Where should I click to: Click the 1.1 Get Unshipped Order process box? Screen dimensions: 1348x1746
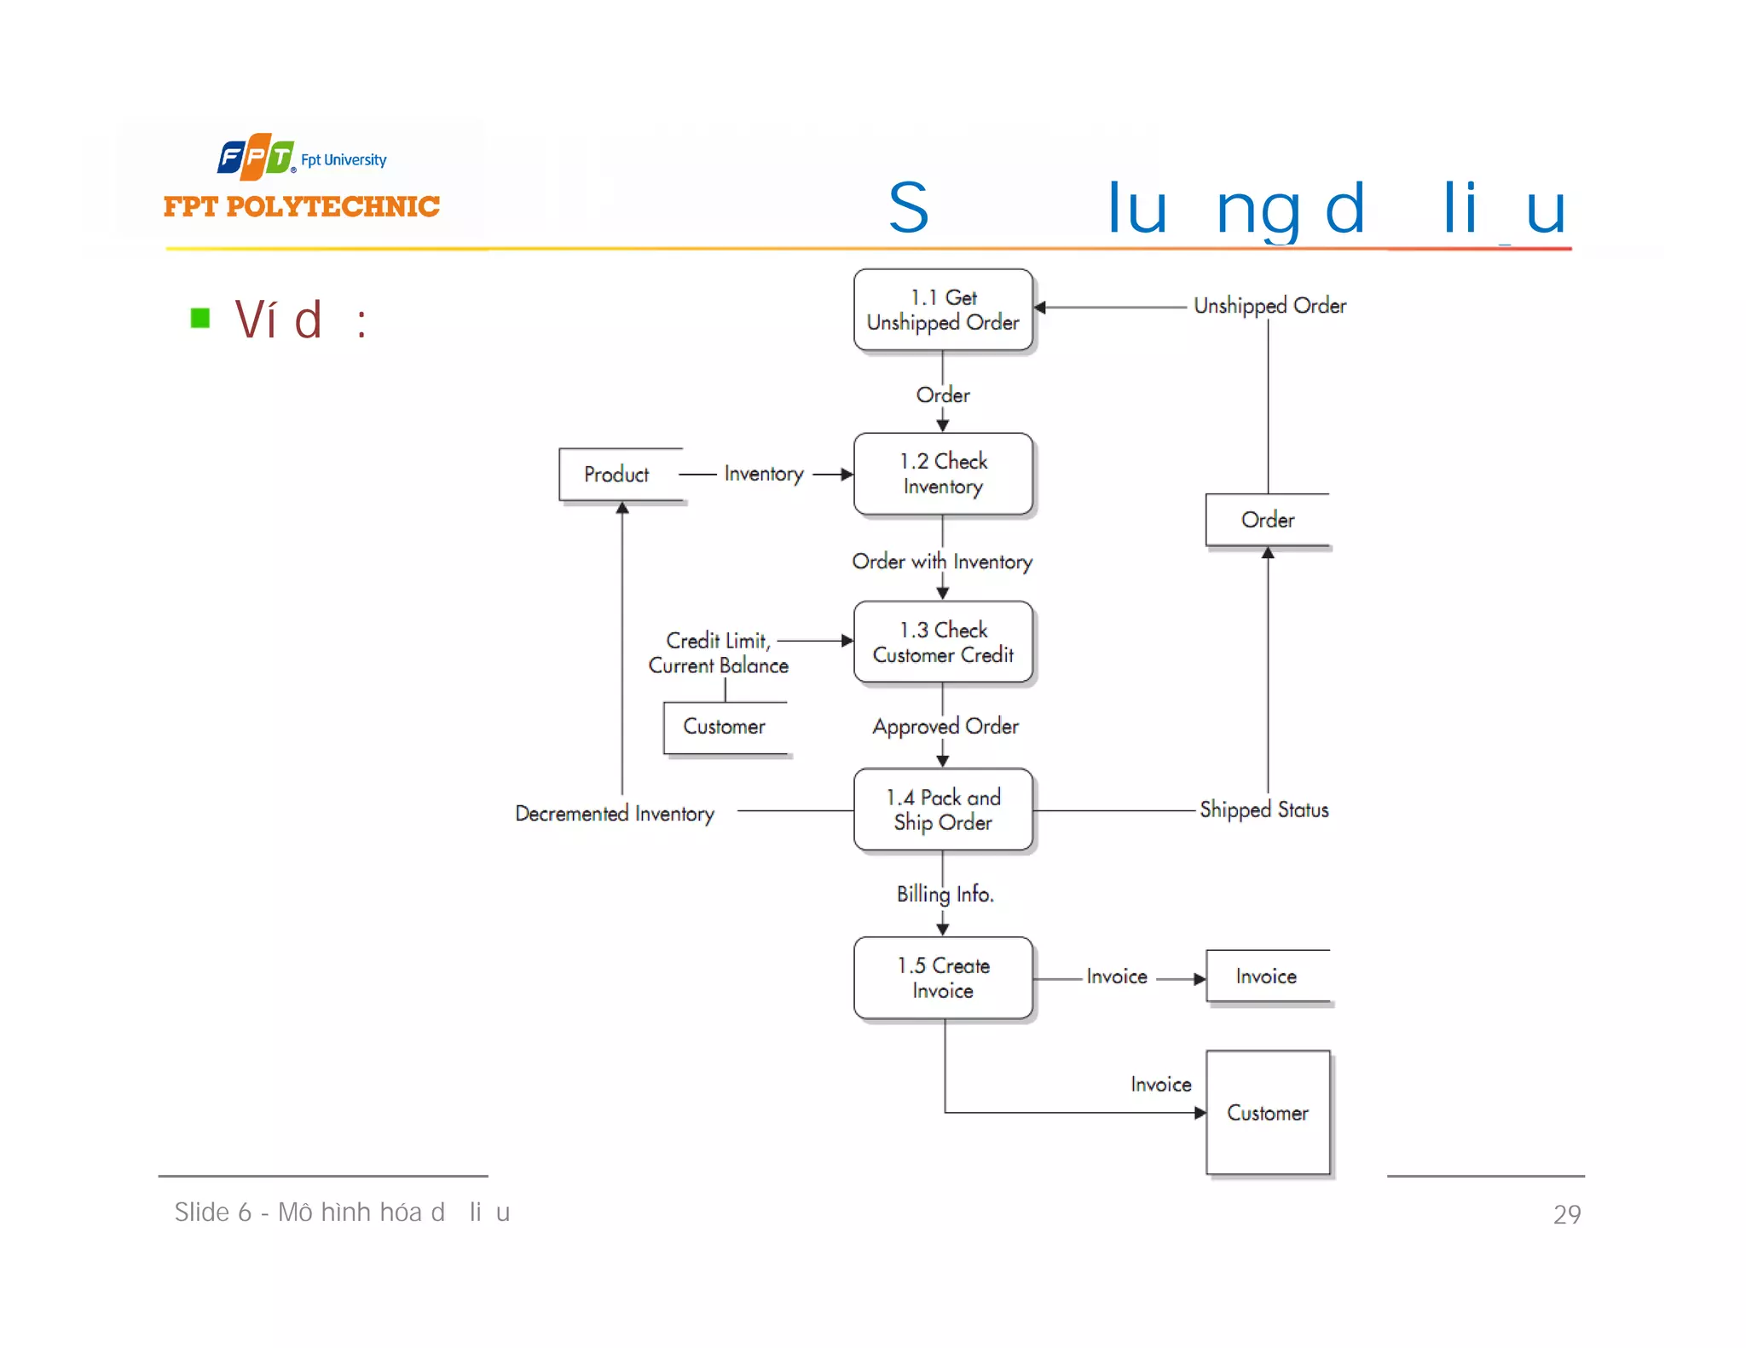(x=942, y=309)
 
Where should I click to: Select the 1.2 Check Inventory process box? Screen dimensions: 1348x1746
(x=942, y=474)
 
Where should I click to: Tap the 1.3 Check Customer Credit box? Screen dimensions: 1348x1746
(x=942, y=642)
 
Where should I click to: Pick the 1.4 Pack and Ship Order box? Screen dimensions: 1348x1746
(x=942, y=809)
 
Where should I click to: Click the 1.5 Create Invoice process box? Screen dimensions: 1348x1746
(x=942, y=977)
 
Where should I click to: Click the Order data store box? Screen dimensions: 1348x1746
(x=1267, y=520)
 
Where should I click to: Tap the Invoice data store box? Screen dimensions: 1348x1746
(x=1267, y=976)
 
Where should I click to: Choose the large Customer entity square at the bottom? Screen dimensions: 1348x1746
(x=1267, y=1112)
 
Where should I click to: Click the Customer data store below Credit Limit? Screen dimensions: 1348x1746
(x=725, y=727)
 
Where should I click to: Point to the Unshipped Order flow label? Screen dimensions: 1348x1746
(x=1269, y=306)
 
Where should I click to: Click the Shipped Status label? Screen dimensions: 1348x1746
(x=1263, y=809)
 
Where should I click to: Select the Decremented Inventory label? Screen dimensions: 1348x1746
(x=614, y=814)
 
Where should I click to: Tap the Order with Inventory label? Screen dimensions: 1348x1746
(x=941, y=562)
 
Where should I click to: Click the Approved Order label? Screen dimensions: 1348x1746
(x=945, y=727)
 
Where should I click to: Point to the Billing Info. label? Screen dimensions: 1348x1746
(x=945, y=894)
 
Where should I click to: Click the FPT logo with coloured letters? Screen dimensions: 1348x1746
(x=256, y=157)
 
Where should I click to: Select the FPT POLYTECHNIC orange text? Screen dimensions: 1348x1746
(x=301, y=206)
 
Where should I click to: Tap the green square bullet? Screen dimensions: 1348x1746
(x=200, y=319)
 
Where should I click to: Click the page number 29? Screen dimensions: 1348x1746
(x=1566, y=1214)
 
